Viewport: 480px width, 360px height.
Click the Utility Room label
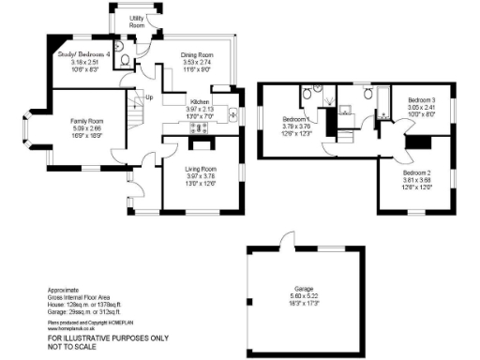click(136, 22)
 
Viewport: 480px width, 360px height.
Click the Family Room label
click(90, 121)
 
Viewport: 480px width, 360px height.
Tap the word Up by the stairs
click(148, 97)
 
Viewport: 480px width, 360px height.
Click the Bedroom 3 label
click(421, 99)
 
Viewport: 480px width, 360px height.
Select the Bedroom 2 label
click(417, 173)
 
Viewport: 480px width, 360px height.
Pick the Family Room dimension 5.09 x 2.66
click(90, 128)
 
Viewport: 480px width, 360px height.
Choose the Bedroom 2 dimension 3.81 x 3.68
click(417, 181)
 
